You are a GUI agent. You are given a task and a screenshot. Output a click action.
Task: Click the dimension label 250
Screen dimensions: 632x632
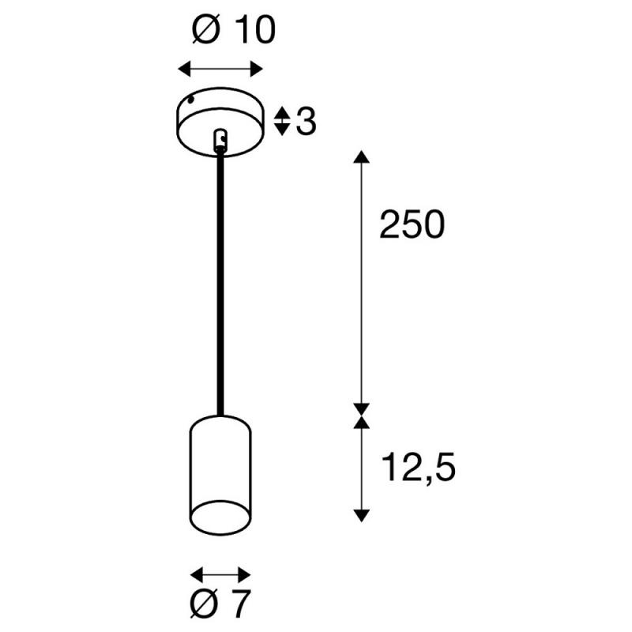coord(412,224)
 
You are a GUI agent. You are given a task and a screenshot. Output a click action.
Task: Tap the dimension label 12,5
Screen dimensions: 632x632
coord(418,467)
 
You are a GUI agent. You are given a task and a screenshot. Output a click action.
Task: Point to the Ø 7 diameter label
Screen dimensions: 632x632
coord(220,604)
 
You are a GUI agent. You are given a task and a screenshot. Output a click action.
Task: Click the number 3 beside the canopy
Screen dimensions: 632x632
coord(307,121)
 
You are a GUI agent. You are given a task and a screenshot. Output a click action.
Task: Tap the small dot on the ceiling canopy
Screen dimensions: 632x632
coord(192,100)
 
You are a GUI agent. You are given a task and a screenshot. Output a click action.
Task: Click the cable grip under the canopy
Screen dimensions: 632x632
coord(220,140)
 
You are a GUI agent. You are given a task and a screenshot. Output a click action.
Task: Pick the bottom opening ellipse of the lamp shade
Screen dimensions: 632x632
coord(220,517)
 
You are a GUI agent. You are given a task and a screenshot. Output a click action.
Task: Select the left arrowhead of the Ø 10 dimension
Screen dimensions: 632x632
coord(184,69)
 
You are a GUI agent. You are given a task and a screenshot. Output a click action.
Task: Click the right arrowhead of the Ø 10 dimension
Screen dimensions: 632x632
coord(257,69)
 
